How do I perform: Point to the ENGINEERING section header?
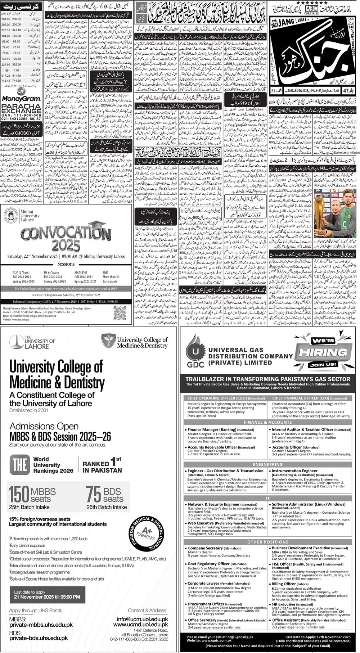(267, 465)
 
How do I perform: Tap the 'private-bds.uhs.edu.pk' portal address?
(39, 638)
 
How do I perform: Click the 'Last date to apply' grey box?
(47, 594)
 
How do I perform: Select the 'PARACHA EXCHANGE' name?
(21, 109)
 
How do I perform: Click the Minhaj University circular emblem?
(11, 216)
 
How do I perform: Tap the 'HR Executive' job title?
(286, 604)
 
